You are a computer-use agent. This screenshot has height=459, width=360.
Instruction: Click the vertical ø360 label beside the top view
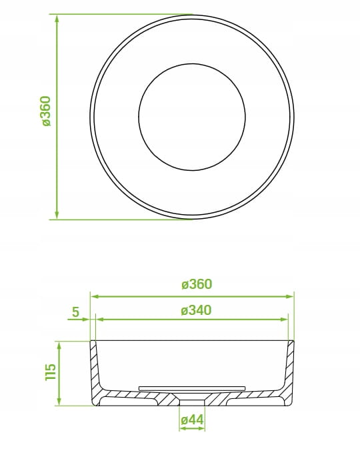click(46, 111)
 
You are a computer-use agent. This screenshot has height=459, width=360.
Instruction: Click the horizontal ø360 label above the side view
click(197, 284)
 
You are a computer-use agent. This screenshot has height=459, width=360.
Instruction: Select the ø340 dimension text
click(196, 310)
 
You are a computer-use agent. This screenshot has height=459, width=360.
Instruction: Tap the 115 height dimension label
click(50, 372)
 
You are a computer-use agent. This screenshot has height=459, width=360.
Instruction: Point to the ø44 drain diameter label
click(192, 420)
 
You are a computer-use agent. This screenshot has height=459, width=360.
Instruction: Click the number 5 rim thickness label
click(75, 312)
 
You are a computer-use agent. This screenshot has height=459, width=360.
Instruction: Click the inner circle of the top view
click(192, 63)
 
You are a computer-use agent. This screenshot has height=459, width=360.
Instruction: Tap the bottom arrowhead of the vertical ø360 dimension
click(57, 214)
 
